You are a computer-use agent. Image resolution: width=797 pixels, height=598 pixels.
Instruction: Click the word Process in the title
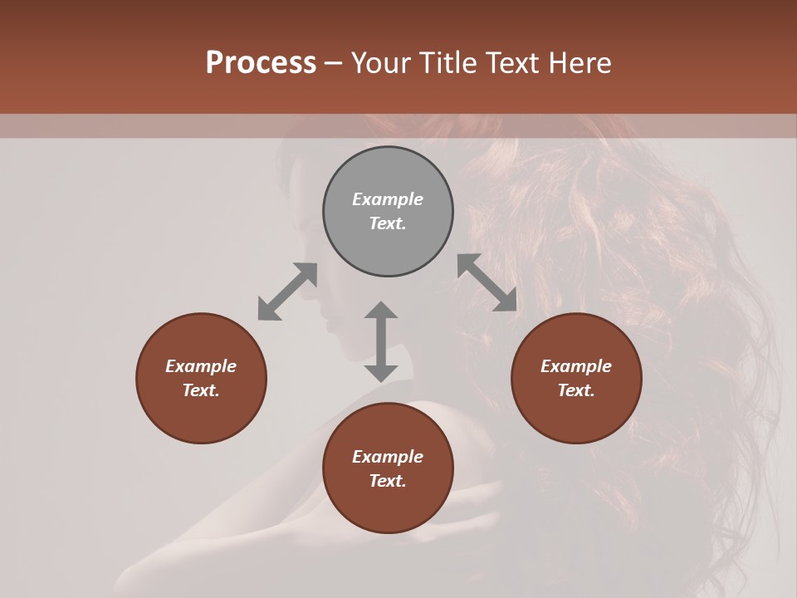click(x=261, y=63)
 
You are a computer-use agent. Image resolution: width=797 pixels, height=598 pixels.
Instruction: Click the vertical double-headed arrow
click(x=381, y=341)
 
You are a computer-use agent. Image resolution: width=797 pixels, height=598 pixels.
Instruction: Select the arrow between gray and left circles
click(x=287, y=292)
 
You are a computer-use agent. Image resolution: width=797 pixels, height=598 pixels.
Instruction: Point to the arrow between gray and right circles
click(x=487, y=282)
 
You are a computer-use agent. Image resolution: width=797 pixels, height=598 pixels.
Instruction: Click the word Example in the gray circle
click(x=388, y=199)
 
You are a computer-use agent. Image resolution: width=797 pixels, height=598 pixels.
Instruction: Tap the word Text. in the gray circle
click(x=388, y=223)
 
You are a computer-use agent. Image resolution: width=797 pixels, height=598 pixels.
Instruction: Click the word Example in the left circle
click(x=201, y=366)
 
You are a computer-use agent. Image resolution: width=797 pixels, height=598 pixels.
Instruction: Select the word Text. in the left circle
click(x=201, y=390)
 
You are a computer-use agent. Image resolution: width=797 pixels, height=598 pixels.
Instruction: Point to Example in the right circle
click(x=576, y=366)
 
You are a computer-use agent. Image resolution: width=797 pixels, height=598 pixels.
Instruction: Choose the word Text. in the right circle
click(x=576, y=390)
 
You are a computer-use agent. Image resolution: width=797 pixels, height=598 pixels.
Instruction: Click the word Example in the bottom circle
click(x=388, y=457)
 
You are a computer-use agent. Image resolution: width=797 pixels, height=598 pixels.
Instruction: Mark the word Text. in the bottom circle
click(x=388, y=481)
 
